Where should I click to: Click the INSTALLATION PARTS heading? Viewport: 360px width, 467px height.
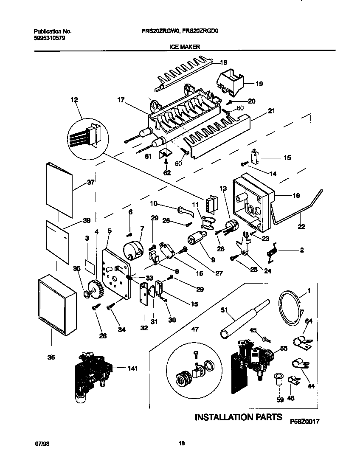pos(238,417)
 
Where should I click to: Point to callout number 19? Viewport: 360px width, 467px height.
pos(259,84)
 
